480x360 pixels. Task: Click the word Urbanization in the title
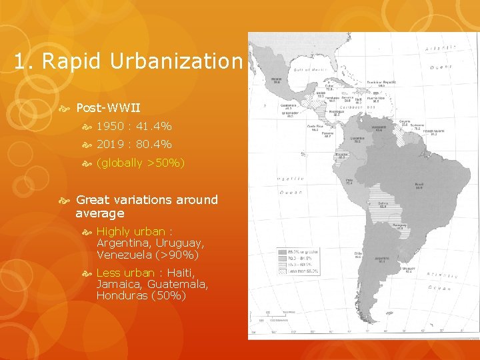coord(176,61)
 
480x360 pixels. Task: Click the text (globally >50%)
coord(140,163)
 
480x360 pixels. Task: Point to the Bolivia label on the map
coord(383,203)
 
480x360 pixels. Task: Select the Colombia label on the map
coord(358,139)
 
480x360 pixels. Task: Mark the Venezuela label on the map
coord(378,128)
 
